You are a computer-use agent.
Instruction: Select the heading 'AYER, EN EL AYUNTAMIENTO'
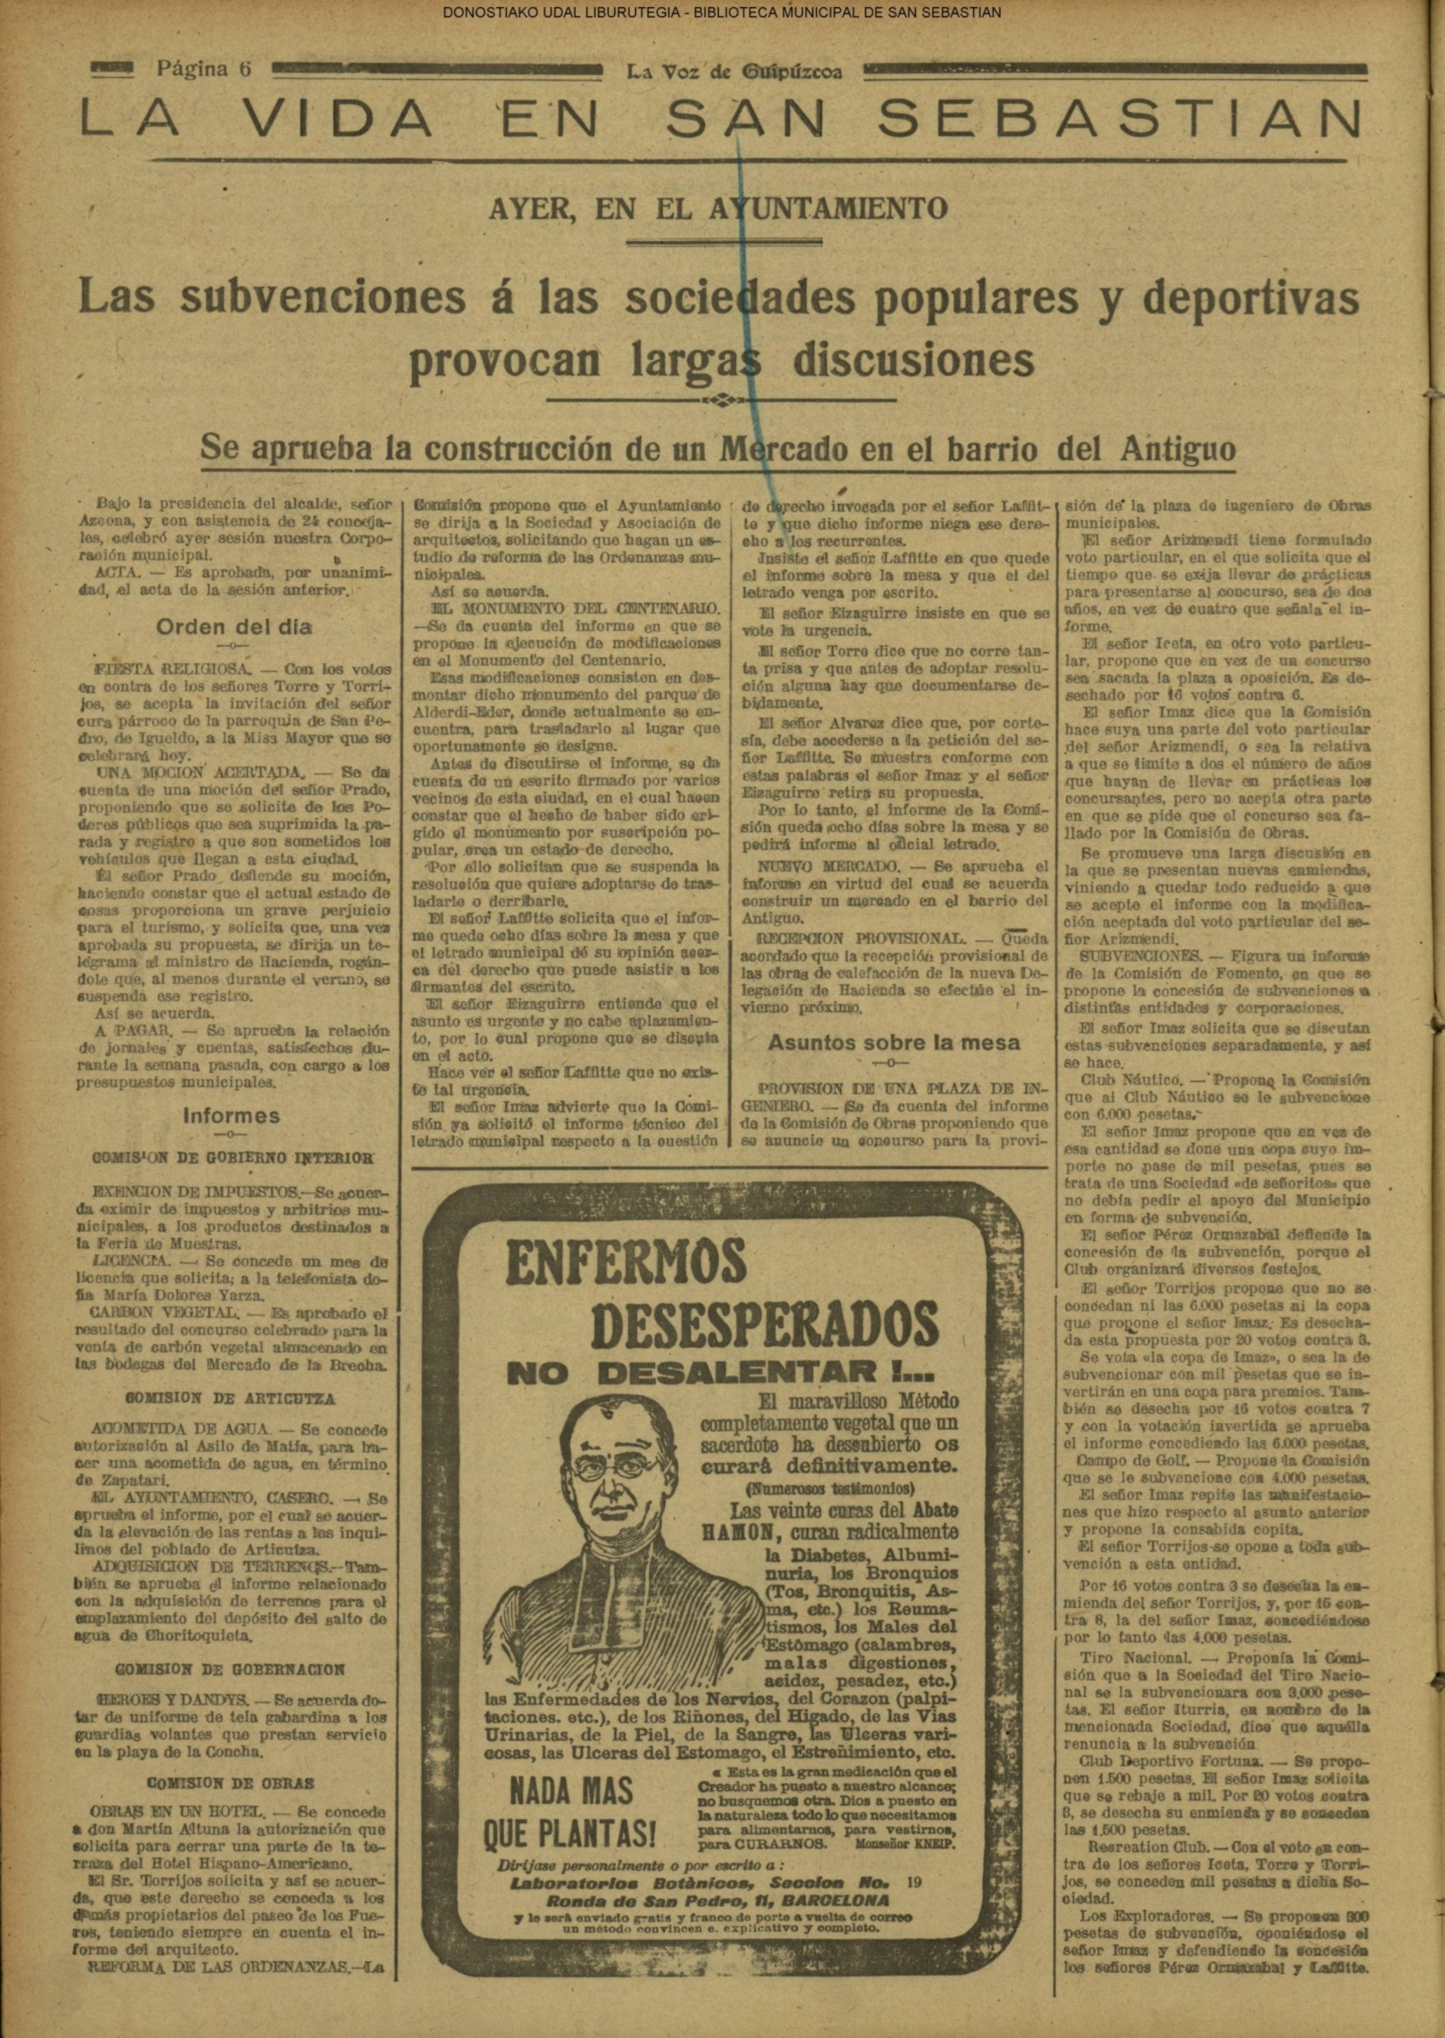717,209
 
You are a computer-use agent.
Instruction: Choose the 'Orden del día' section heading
234,627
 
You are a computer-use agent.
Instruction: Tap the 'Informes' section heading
231,1116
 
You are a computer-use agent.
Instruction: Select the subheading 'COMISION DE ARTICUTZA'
230,1399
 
